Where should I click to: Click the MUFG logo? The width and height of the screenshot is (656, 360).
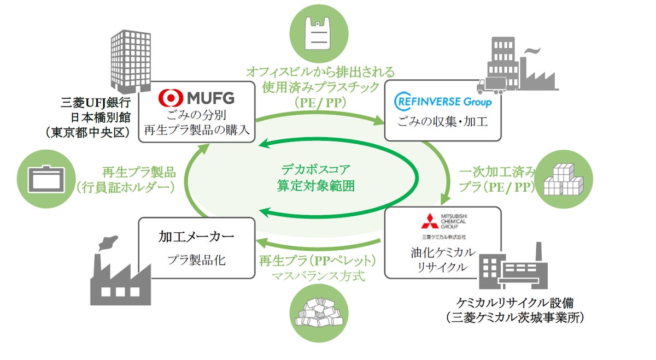pyautogui.click(x=196, y=98)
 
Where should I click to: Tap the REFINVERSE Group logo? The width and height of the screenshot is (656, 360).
pyautogui.click(x=443, y=101)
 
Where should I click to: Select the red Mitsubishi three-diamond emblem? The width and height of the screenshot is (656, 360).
pyautogui.click(x=429, y=221)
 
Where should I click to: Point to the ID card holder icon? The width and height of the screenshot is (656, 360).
pyautogui.click(x=46, y=178)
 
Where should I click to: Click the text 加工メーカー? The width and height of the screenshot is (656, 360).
pyautogui.click(x=196, y=237)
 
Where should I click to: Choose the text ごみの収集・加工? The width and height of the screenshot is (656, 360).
pyautogui.click(x=443, y=121)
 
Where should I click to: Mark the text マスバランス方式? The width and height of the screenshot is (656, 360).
pyautogui.click(x=318, y=276)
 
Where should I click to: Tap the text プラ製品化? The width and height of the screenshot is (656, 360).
pyautogui.click(x=196, y=261)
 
